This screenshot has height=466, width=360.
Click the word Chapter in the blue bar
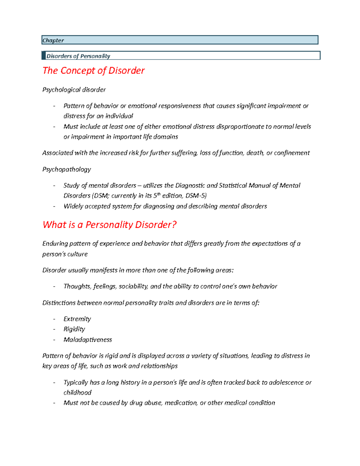[x=53, y=41]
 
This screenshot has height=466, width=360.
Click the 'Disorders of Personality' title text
[x=78, y=56]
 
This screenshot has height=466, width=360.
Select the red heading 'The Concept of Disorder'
[x=93, y=71]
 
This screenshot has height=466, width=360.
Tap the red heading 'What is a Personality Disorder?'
[x=109, y=225]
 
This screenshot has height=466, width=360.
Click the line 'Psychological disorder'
[x=74, y=90]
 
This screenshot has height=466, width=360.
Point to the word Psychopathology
[x=67, y=169]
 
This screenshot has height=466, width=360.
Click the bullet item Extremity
[x=77, y=319]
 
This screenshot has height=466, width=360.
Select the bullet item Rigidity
[x=74, y=329]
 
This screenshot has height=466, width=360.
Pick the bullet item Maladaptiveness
[x=88, y=340]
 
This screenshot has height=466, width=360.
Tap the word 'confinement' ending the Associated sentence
[x=292, y=153]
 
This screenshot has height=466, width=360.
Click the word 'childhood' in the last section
[x=77, y=392]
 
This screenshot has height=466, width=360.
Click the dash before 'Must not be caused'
[x=54, y=403]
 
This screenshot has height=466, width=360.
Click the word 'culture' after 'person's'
[x=77, y=254]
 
